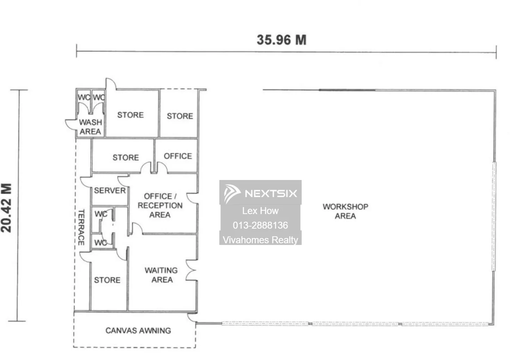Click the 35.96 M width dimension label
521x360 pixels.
tap(281, 40)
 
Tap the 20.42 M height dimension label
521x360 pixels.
tap(6, 208)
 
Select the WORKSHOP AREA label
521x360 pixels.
tap(345, 211)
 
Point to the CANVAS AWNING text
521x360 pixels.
tap(138, 330)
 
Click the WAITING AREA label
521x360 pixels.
tap(162, 275)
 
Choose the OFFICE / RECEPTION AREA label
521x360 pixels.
tap(160, 205)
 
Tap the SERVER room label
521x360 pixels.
tap(110, 190)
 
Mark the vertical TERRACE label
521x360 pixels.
tap(81, 227)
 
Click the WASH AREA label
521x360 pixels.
tap(90, 127)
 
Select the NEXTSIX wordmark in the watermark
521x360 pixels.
tap(271, 194)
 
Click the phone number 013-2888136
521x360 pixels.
tap(260, 225)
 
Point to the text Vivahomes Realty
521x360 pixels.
tap(260, 240)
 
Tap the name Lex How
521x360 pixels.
tap(260, 211)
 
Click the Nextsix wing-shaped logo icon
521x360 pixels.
tap(232, 194)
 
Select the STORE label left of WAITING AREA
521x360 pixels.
tap(107, 280)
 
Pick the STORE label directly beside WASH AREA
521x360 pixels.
tap(131, 115)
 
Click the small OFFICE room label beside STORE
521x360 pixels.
tap(178, 156)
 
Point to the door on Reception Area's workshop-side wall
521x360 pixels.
tap(192, 198)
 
